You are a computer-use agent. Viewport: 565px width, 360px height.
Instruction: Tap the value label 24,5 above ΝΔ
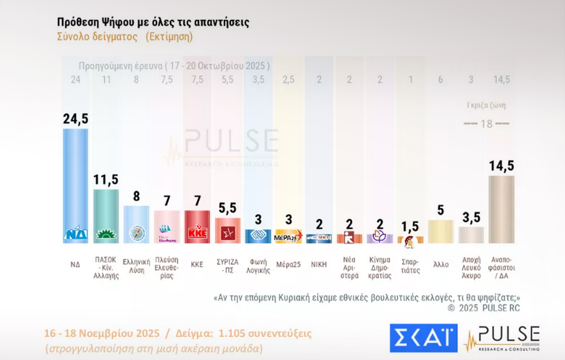click(75, 119)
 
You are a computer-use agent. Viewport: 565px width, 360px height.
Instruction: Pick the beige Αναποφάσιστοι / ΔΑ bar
click(501, 209)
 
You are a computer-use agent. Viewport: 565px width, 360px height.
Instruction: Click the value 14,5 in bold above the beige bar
click(501, 166)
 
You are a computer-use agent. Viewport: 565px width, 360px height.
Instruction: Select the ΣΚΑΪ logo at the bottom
click(423, 338)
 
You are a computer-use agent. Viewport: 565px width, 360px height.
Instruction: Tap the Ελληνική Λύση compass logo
click(137, 233)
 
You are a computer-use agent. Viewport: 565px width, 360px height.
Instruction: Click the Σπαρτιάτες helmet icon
click(410, 242)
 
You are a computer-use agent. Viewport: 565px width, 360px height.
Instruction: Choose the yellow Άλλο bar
click(441, 232)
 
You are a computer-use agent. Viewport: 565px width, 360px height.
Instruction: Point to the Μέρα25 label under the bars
click(288, 265)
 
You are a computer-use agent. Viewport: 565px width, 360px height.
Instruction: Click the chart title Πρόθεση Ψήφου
click(153, 22)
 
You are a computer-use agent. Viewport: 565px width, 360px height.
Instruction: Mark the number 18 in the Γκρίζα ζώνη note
click(486, 124)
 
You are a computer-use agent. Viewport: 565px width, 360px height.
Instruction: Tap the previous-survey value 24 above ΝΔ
click(75, 79)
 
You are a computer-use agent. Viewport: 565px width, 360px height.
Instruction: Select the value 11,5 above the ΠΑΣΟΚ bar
click(106, 179)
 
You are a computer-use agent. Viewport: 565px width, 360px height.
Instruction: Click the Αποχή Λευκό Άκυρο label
click(471, 268)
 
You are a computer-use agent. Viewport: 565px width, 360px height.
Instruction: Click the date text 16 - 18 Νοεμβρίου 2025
click(102, 334)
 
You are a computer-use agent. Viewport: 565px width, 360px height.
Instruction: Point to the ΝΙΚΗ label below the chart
click(319, 264)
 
